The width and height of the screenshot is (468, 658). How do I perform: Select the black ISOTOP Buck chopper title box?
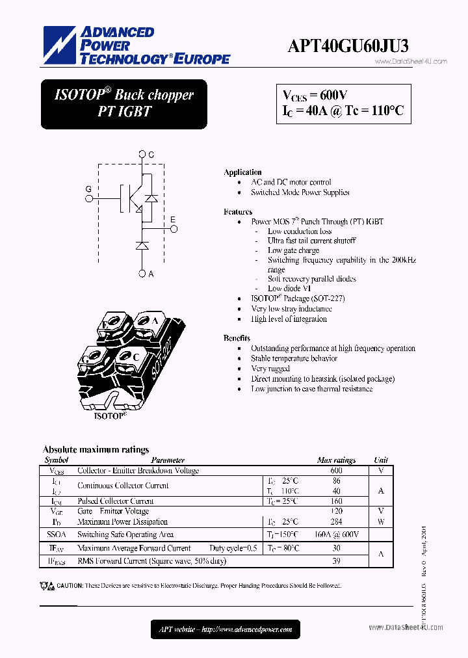pyautogui.click(x=123, y=103)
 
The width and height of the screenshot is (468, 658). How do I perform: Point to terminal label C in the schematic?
pyautogui.click(x=151, y=155)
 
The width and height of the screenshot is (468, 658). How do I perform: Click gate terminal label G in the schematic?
pyautogui.click(x=88, y=189)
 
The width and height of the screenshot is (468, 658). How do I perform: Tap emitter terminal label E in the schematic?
pyautogui.click(x=172, y=220)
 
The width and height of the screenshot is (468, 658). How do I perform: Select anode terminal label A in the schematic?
pyautogui.click(x=151, y=274)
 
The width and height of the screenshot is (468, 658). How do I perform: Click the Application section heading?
pyautogui.click(x=242, y=172)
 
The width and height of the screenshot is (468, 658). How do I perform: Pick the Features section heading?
pyautogui.click(x=238, y=212)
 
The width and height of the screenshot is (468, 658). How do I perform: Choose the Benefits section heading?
pyautogui.click(x=237, y=338)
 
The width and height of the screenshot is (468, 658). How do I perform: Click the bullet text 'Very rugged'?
pyautogui.click(x=270, y=369)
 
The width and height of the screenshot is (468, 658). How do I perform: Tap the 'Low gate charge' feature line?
pyautogui.click(x=293, y=250)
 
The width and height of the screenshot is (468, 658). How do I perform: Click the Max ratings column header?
pyautogui.click(x=336, y=460)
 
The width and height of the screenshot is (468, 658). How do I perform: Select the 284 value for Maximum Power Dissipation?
pyautogui.click(x=336, y=521)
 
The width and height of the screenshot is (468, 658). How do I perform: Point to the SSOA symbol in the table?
pyautogui.click(x=57, y=534)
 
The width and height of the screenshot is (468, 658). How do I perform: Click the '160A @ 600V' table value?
pyautogui.click(x=336, y=534)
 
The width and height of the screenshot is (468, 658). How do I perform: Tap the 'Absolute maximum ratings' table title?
pyautogui.click(x=96, y=449)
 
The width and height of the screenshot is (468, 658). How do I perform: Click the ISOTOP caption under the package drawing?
pyautogui.click(x=109, y=415)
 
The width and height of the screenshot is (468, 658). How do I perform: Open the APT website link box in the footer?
pyautogui.click(x=226, y=629)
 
